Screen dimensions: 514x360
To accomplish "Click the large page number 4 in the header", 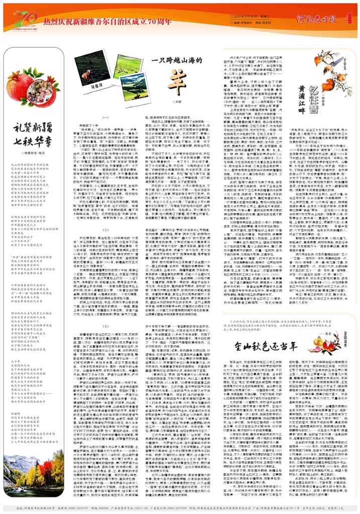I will click(x=348, y=19).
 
